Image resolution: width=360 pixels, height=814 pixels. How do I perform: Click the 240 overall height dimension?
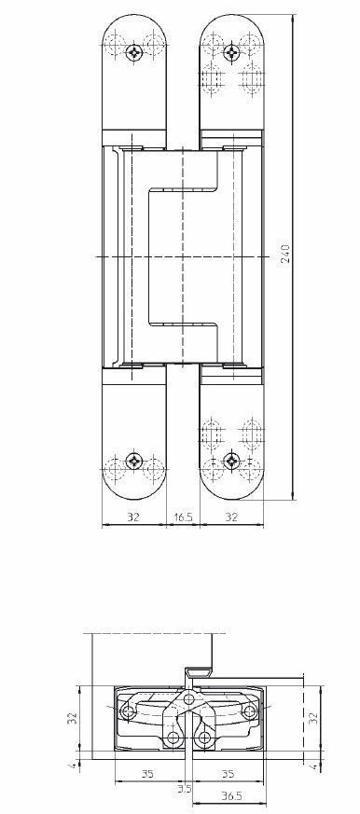(286, 253)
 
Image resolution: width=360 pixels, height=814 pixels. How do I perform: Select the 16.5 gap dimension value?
(184, 517)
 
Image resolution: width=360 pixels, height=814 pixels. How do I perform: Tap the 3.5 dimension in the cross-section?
(184, 789)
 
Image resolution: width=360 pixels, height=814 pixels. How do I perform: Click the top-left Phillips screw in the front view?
(134, 51)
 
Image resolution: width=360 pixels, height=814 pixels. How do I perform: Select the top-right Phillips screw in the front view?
(231, 51)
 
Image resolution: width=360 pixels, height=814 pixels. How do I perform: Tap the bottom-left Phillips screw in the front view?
(134, 460)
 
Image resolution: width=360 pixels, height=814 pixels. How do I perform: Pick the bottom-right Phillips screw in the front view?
(231, 460)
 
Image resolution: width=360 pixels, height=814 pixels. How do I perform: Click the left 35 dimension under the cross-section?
(147, 774)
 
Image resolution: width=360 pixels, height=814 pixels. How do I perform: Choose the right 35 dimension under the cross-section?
(228, 774)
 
